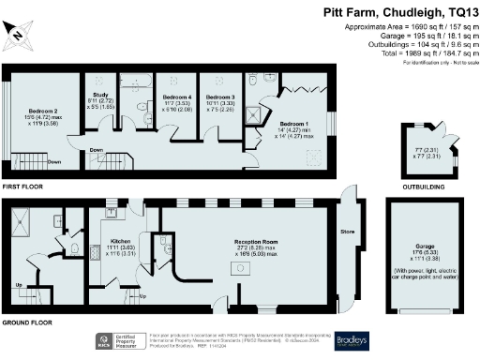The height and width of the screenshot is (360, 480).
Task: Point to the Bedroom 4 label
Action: pyautogui.click(x=176, y=97)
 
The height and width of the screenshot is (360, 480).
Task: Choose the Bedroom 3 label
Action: pyautogui.click(x=219, y=97)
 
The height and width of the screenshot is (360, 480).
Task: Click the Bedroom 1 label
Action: pyautogui.click(x=296, y=123)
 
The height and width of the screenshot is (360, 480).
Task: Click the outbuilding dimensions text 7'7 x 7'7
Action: pyautogui.click(x=427, y=149)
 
